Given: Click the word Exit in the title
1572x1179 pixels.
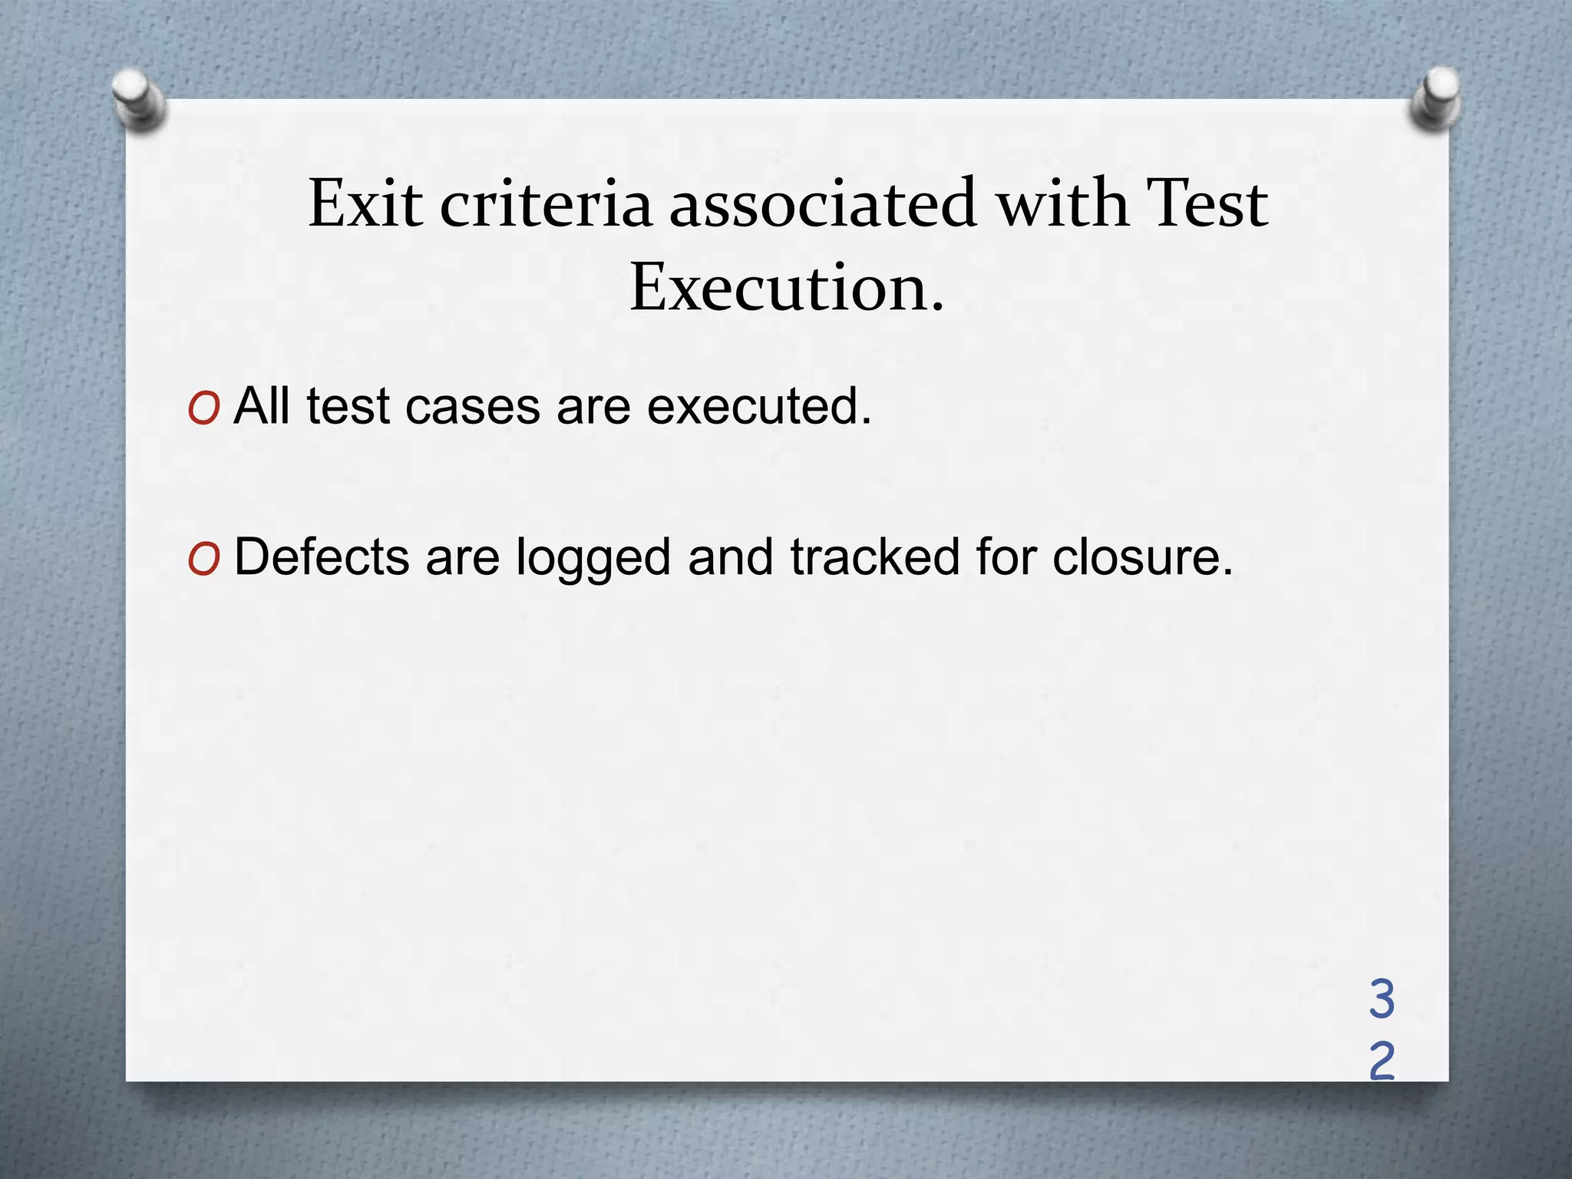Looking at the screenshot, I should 365,204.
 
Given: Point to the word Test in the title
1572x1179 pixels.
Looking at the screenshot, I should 1205,204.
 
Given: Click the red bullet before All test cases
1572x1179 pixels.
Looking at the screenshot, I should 203,408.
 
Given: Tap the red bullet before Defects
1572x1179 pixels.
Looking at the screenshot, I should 203,560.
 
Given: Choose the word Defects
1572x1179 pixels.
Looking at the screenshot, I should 322,556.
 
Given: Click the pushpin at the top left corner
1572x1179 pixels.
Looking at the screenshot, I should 138,100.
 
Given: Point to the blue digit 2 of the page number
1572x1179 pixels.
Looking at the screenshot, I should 1382,1061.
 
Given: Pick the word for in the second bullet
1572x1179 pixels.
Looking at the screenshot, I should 1006,556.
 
